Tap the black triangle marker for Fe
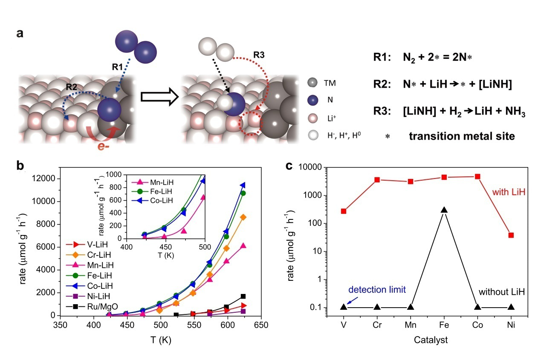pyautogui.click(x=444, y=210)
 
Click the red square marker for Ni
pyautogui.click(x=511, y=235)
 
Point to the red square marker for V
pyautogui.click(x=344, y=211)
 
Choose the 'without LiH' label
pyautogui.click(x=501, y=293)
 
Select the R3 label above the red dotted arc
pyautogui.click(x=258, y=55)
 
